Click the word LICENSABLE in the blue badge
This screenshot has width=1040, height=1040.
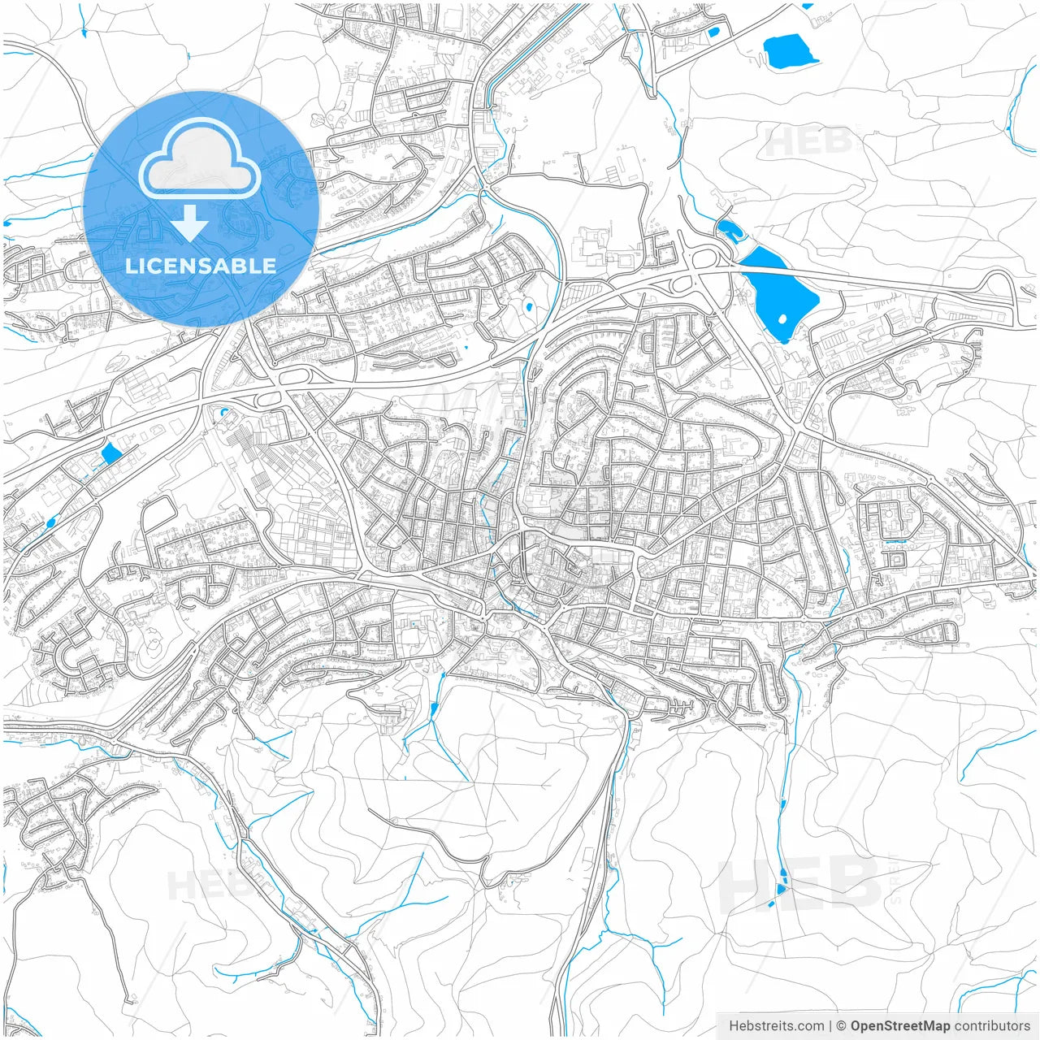pyautogui.click(x=201, y=266)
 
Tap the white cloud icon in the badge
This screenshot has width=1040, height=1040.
pyautogui.click(x=199, y=159)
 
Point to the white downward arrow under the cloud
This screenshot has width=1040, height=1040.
pyautogui.click(x=190, y=223)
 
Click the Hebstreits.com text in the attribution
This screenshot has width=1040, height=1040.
pyautogui.click(x=776, y=1026)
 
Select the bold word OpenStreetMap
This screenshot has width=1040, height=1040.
pyautogui.click(x=899, y=1026)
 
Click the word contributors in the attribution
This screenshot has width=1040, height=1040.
pyautogui.click(x=992, y=1026)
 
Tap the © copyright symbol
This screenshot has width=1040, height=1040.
pyautogui.click(x=842, y=1026)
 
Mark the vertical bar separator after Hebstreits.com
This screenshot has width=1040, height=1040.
pyautogui.click(x=830, y=1026)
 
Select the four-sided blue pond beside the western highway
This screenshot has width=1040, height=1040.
pyautogui.click(x=110, y=454)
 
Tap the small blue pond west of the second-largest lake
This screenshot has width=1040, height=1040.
pyautogui.click(x=713, y=33)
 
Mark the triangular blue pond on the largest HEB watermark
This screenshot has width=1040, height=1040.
pyautogui.click(x=781, y=889)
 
